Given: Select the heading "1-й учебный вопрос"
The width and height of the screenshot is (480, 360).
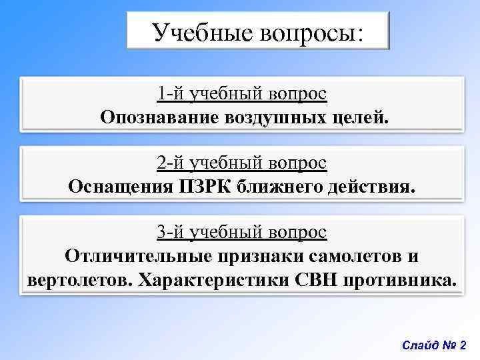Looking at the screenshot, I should point(242,93).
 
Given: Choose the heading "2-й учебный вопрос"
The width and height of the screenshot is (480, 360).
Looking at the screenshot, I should point(242,162).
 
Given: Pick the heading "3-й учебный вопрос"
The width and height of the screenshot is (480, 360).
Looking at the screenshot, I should point(242,232).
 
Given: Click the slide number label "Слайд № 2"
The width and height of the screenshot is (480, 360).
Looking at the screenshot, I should point(435,345).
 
